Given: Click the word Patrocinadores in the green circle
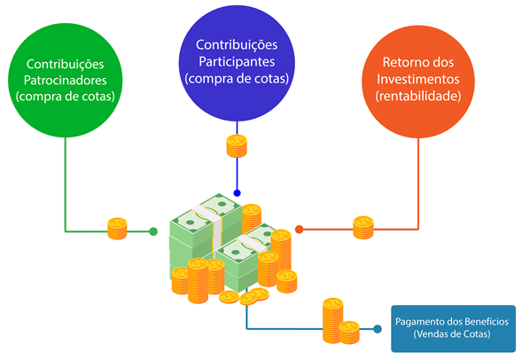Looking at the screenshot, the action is click(66, 81).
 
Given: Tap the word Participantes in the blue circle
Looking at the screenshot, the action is click(237, 62).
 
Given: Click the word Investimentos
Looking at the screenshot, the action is click(418, 79).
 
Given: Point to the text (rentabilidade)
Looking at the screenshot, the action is click(418, 96).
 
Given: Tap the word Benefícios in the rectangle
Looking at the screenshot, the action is click(487, 321).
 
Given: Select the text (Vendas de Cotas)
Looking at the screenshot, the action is click(452, 334).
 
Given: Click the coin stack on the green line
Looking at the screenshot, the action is click(117, 229).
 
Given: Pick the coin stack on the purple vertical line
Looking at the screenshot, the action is click(237, 146).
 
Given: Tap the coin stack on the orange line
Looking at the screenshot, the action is click(363, 228).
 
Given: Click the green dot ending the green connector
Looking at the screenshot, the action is click(153, 231).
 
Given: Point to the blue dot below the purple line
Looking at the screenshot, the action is click(237, 193).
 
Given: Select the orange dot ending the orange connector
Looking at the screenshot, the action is click(300, 230).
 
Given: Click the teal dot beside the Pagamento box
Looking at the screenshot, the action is click(378, 329).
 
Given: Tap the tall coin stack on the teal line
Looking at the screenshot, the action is click(333, 320).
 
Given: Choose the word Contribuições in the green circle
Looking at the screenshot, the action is click(66, 64).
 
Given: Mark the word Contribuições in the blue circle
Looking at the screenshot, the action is click(237, 45).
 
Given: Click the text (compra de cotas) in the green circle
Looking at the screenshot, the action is click(66, 97).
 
